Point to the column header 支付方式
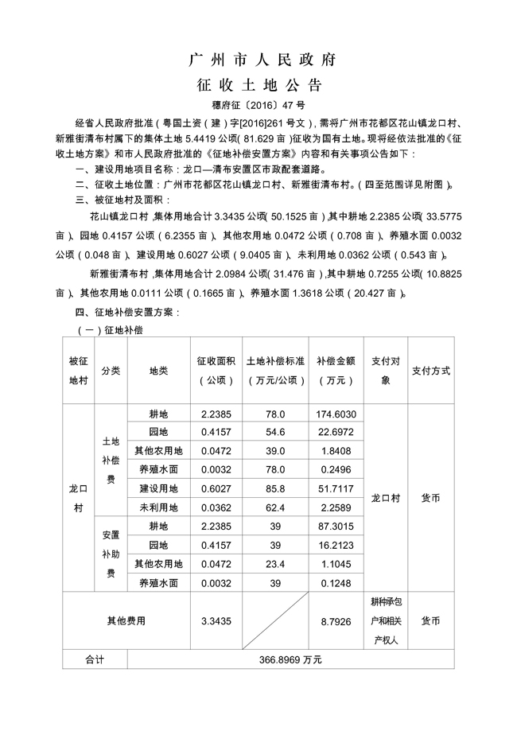(x=431, y=371)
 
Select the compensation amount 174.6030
(x=335, y=414)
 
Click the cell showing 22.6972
(x=335, y=432)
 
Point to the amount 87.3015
(x=335, y=526)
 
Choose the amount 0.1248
(x=335, y=583)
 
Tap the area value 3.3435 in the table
(x=216, y=620)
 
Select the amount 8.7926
(x=335, y=620)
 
